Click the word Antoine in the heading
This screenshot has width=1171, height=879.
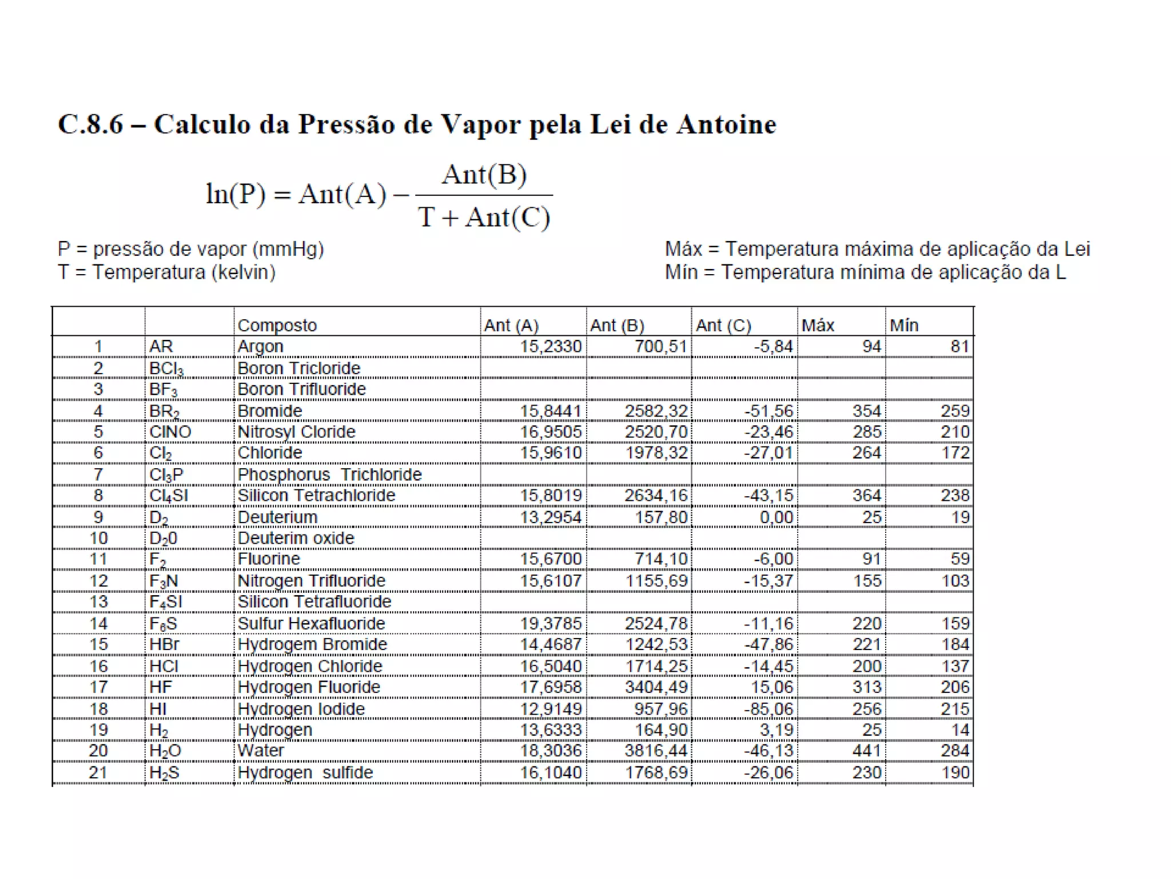click(x=726, y=125)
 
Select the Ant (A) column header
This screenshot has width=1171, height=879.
click(x=511, y=326)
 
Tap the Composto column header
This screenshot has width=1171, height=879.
click(x=277, y=326)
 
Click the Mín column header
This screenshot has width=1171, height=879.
click(x=904, y=326)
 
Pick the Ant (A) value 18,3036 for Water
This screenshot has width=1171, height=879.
click(x=551, y=751)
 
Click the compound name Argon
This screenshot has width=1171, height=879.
click(x=261, y=347)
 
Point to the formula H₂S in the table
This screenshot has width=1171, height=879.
click(x=164, y=773)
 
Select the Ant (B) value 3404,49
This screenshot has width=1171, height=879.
click(x=656, y=687)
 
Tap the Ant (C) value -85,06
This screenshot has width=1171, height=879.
click(x=768, y=709)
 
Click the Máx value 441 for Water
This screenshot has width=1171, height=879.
click(x=867, y=751)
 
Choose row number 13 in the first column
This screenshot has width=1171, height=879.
click(x=98, y=602)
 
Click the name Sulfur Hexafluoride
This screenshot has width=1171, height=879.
click(x=312, y=624)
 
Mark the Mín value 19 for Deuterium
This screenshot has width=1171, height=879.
click(x=960, y=517)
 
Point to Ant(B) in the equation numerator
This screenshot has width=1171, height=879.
click(x=484, y=175)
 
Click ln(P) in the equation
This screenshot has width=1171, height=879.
click(x=236, y=194)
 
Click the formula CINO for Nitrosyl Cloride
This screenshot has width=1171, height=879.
click(x=170, y=432)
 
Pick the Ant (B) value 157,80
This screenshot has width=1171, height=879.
click(x=661, y=517)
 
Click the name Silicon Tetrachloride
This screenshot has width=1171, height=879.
click(x=316, y=496)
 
